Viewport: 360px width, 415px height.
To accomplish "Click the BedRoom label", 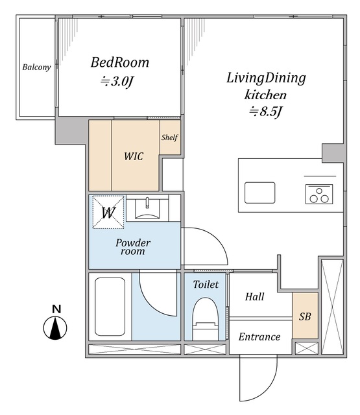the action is tap(119, 62).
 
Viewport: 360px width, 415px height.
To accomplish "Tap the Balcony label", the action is tap(36, 67).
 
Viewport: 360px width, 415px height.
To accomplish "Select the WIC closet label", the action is tap(134, 156).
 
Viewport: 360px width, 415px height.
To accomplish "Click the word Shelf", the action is tap(170, 137).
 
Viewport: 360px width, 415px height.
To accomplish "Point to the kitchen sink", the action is tap(259, 193).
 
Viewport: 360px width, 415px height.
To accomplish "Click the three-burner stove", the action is tap(319, 195).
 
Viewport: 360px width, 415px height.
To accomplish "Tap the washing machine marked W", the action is tap(108, 212).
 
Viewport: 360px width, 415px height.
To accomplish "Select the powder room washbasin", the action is tap(147, 209).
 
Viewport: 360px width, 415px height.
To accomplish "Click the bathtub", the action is tap(110, 307).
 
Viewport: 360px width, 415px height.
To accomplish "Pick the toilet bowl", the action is tap(206, 319).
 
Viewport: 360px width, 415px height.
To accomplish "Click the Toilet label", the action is tap(206, 285).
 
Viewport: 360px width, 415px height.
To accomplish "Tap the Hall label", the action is tap(254, 297).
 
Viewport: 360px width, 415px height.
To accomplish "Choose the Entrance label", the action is tap(259, 337).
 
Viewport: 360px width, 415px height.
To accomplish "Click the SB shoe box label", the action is tap(305, 316).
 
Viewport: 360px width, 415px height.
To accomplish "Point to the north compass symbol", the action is tap(55, 328).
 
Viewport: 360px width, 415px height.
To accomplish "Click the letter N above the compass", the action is tap(56, 309).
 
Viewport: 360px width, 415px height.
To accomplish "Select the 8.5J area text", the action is tap(265, 112).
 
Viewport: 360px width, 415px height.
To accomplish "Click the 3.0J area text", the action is tap(116, 82).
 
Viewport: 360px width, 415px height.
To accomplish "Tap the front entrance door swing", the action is tap(258, 377).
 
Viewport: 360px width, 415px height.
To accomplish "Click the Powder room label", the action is tap(133, 247).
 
